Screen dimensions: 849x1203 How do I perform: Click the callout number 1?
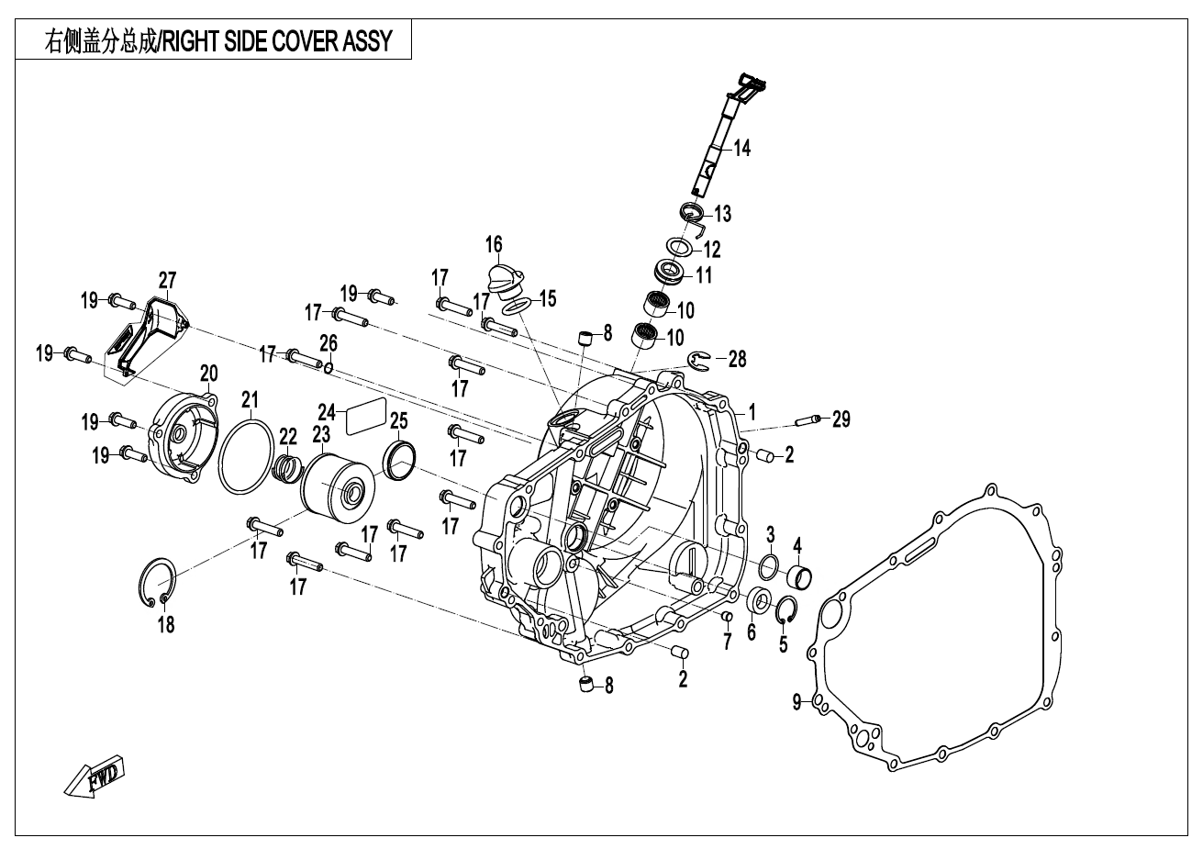752,410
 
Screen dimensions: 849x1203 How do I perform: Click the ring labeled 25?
401,458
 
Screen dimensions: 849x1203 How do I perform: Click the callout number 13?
722,214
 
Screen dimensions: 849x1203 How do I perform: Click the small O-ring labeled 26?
329,367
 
